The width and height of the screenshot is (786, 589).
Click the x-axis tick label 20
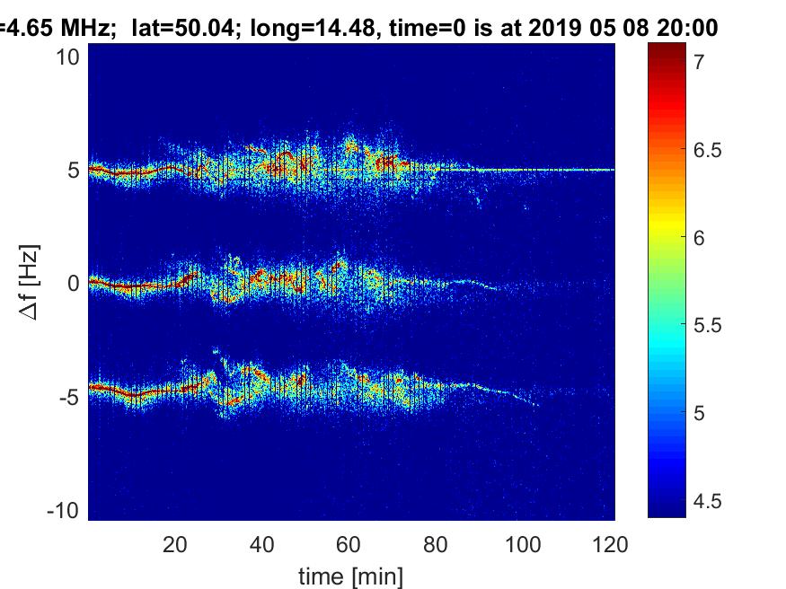(x=174, y=543)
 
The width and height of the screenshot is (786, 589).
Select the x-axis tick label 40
(x=261, y=543)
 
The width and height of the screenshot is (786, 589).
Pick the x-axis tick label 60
(x=349, y=543)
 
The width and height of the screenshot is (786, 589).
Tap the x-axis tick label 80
(x=436, y=543)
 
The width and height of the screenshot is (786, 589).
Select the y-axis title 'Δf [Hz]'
(x=29, y=283)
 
